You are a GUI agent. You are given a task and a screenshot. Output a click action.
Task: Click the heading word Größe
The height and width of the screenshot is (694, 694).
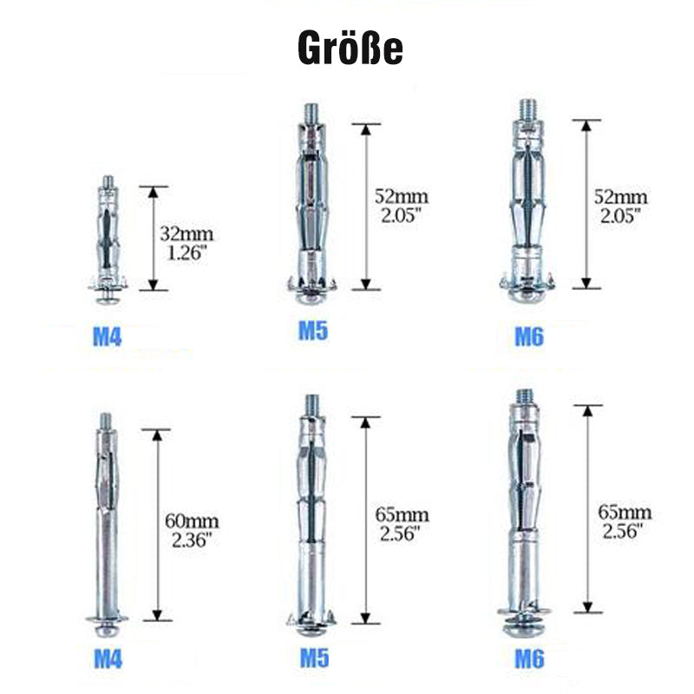(350, 48)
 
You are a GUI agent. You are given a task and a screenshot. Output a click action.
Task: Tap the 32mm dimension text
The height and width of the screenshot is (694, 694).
(187, 233)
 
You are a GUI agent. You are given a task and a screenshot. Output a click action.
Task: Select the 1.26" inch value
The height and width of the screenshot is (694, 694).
(187, 252)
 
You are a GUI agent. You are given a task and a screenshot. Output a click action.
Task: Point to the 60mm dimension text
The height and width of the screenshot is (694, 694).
(192, 521)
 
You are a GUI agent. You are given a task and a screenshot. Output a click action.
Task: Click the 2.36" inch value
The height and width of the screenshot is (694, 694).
(192, 540)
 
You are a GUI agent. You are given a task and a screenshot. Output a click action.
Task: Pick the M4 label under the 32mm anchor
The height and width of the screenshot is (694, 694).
(107, 337)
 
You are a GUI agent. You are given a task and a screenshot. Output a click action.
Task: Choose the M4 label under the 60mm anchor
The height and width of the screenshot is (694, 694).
(108, 659)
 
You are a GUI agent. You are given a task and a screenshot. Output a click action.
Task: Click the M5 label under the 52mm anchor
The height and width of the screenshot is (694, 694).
(313, 331)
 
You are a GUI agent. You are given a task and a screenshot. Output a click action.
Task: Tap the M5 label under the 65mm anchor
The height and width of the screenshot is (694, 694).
(314, 658)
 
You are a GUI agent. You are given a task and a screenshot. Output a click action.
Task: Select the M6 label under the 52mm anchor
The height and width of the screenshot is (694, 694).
(529, 337)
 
